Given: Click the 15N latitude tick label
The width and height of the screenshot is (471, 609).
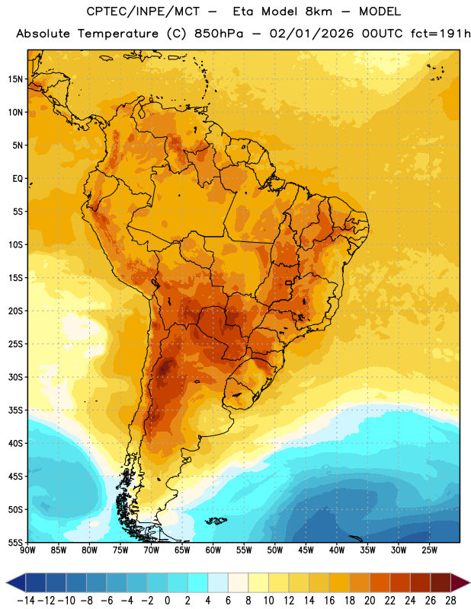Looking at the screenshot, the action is (15, 79).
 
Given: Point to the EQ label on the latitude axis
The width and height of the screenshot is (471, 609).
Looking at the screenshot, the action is (18, 179).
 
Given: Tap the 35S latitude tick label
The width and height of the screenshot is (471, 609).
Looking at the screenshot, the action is (15, 410).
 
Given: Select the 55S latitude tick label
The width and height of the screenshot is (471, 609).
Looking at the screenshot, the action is (15, 542).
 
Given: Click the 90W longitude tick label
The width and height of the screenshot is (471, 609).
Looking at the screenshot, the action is (27, 550).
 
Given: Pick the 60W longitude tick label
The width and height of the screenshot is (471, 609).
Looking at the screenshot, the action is (213, 550).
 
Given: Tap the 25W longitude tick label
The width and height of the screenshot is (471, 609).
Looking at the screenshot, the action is (429, 550).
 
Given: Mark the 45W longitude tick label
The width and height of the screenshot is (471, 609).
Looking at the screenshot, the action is (306, 550).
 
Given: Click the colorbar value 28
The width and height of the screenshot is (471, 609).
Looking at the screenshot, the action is (450, 601).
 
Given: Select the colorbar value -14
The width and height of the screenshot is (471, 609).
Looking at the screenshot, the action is (26, 601).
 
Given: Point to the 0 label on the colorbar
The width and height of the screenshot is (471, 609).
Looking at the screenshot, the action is (167, 601).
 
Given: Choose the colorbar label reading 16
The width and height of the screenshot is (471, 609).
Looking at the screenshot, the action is (329, 601).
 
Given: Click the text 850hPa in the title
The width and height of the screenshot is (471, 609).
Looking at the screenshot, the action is (219, 33).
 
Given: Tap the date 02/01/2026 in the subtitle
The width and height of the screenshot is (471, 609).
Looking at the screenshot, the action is (312, 33).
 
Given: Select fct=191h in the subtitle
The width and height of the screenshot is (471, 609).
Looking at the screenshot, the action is (441, 33).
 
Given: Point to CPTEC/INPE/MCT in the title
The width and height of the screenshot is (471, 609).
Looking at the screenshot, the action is (143, 11).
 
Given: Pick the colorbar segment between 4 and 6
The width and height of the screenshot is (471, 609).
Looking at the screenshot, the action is (218, 582).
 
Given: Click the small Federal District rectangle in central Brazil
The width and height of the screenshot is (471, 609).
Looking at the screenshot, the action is (289, 282).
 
